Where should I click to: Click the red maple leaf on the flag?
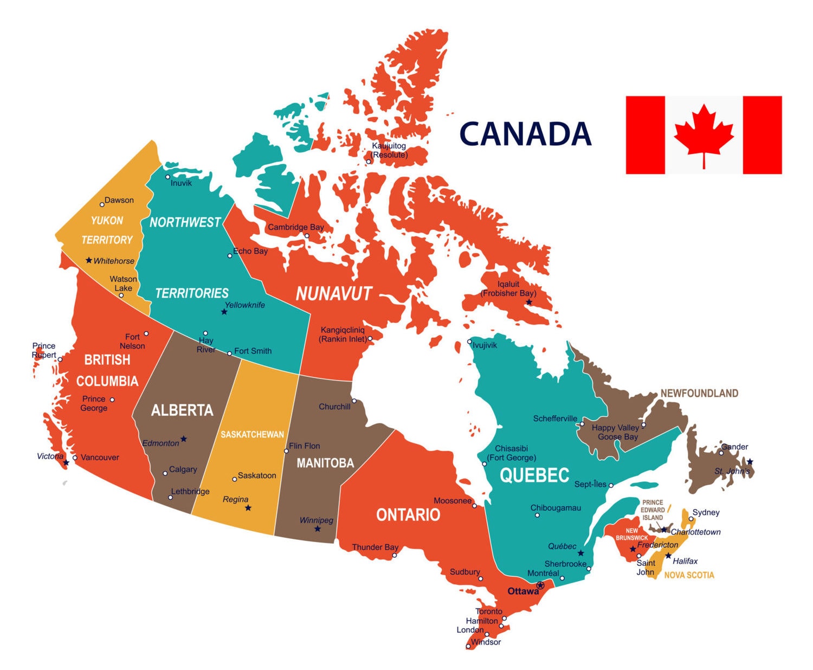(x=704, y=133)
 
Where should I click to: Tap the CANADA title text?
(x=525, y=134)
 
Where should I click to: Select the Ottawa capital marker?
(x=540, y=585)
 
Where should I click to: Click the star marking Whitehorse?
(x=89, y=260)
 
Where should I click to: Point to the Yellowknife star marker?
(x=224, y=312)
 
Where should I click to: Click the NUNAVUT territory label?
(x=334, y=294)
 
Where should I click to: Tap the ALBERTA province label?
(x=182, y=410)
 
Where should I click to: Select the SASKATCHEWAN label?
(x=252, y=435)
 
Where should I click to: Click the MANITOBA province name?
(x=325, y=463)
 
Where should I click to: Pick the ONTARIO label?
(x=408, y=514)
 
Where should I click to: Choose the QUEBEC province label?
(x=534, y=475)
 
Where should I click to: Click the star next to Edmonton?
(x=184, y=439)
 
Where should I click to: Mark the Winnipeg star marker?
(x=318, y=529)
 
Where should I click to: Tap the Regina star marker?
(x=248, y=508)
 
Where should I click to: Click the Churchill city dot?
(x=354, y=401)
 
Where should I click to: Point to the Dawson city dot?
(x=102, y=205)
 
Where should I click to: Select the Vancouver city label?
(x=100, y=458)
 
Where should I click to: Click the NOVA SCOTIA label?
(x=689, y=575)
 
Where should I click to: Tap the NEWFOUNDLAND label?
(x=699, y=394)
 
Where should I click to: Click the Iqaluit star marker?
(x=529, y=302)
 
